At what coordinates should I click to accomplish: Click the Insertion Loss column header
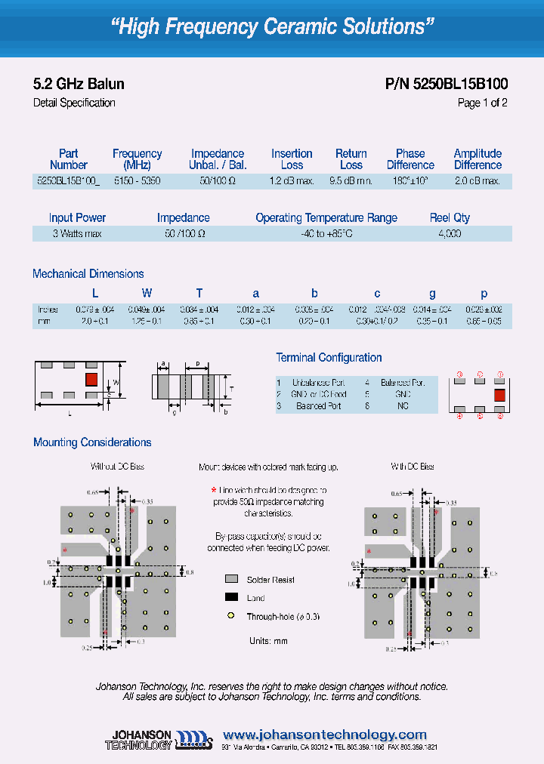[292, 159]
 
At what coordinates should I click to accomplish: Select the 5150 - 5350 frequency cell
[137, 181]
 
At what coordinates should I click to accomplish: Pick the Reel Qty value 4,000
[450, 234]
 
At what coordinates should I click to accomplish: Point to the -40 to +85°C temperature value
[326, 234]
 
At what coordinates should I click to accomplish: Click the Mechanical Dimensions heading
[88, 274]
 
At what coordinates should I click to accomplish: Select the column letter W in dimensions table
[147, 294]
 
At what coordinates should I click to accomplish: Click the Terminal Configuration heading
[329, 358]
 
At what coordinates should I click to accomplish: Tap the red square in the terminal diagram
[499, 393]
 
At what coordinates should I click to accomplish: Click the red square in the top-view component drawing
[91, 379]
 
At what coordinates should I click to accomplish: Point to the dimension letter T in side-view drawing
[231, 387]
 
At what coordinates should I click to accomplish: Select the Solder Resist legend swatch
[231, 579]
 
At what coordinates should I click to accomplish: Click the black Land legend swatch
[231, 597]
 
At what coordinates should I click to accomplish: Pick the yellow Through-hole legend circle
[231, 616]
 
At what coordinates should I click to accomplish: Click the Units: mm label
[269, 640]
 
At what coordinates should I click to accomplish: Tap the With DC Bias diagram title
[413, 467]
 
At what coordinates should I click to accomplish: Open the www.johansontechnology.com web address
[326, 735]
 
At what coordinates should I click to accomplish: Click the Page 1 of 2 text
[482, 103]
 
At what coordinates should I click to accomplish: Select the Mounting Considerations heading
[92, 442]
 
